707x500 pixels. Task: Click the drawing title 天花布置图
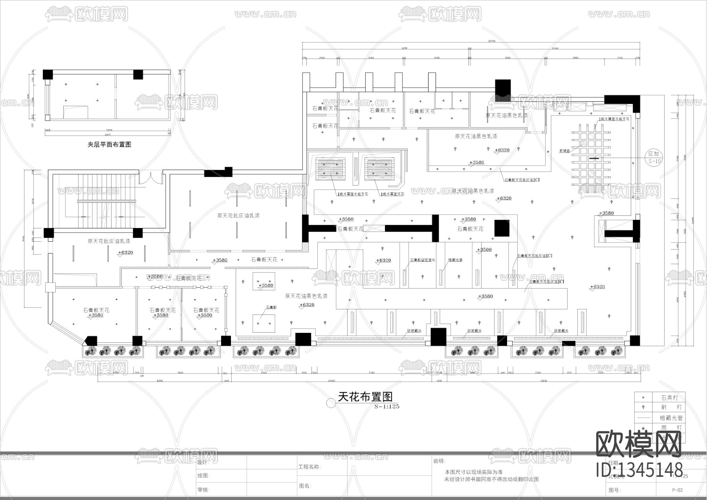click(x=365, y=397)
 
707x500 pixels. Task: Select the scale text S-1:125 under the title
click(x=386, y=406)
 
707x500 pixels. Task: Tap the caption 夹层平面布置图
click(x=109, y=144)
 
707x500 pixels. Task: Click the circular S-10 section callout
click(x=654, y=158)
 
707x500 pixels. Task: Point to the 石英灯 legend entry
click(x=669, y=398)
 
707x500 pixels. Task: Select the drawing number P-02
click(x=677, y=490)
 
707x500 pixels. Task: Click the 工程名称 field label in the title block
click(x=310, y=467)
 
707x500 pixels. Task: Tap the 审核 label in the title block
click(x=203, y=490)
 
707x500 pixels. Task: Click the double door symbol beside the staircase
click(x=151, y=177)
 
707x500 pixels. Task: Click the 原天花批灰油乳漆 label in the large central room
click(x=238, y=215)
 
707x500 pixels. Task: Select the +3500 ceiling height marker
click(x=484, y=250)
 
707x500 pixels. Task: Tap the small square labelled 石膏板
click(x=271, y=307)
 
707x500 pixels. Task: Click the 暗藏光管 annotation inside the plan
click(x=455, y=260)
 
